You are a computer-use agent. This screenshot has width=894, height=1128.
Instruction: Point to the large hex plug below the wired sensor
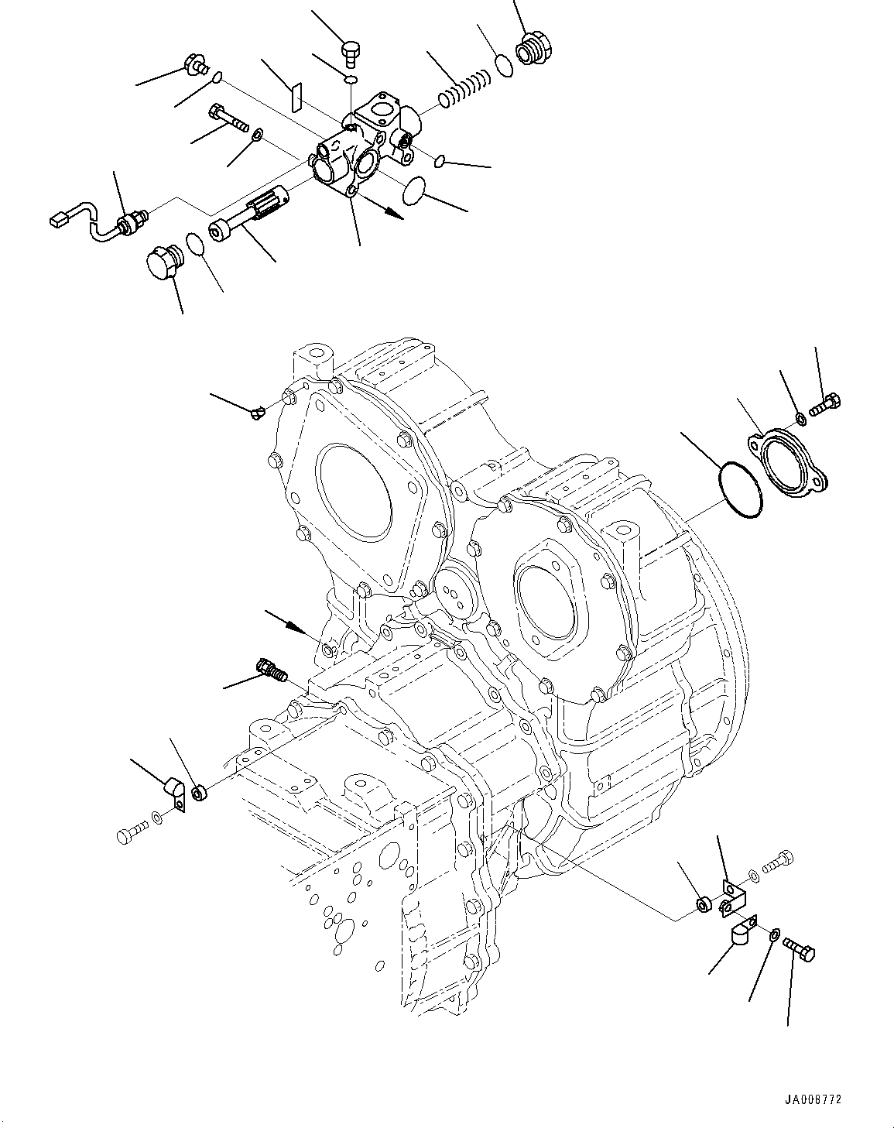tap(162, 262)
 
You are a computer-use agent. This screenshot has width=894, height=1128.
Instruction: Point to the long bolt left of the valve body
tap(228, 118)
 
